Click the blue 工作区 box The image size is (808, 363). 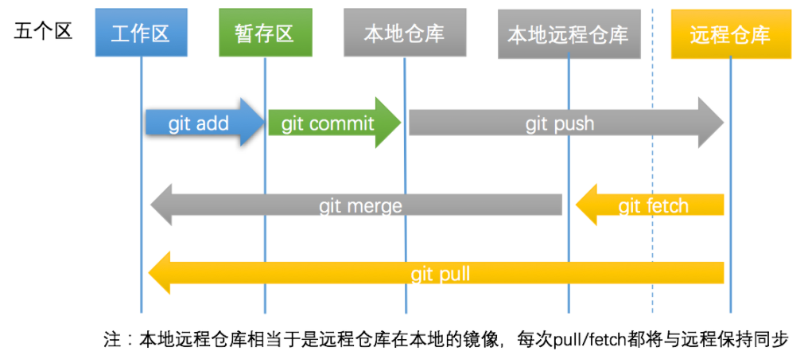(141, 34)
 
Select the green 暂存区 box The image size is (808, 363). (264, 34)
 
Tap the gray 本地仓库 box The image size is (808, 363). (404, 34)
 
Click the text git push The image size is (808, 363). (559, 123)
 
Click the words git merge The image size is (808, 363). (360, 206)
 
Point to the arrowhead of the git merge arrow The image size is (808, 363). (162, 205)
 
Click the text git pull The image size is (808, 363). (440, 275)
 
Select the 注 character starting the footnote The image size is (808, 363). (111, 340)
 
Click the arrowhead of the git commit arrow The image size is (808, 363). (388, 123)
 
